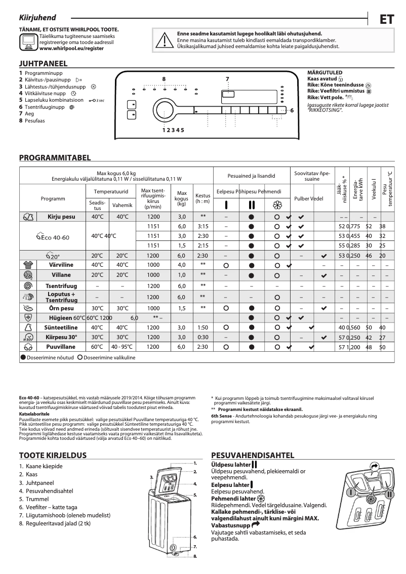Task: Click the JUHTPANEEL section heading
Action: (43, 64)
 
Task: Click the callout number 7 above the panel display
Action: (227, 79)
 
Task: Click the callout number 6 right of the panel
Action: (292, 110)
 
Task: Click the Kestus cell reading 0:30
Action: (202, 337)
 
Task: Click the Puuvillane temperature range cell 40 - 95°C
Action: (122, 347)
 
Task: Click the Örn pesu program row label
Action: (61, 308)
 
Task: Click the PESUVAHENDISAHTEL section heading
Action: (253, 455)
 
